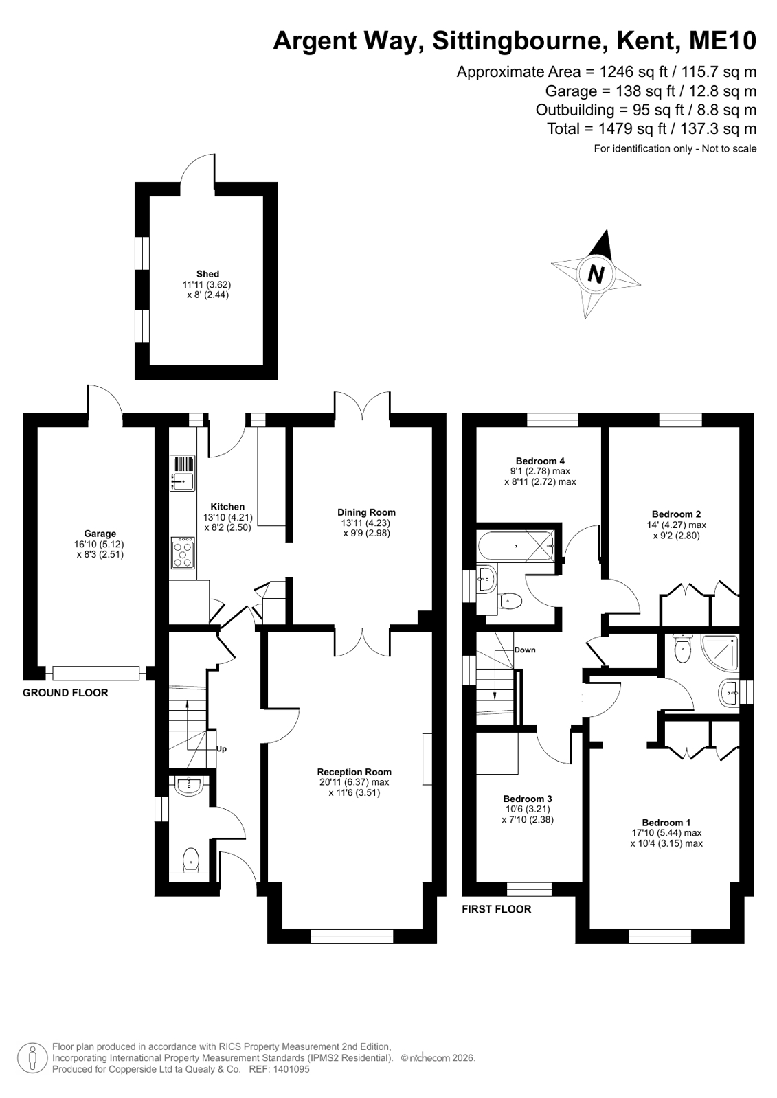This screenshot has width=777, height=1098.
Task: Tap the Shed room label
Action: pos(207,274)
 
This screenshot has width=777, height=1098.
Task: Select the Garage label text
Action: pos(100,534)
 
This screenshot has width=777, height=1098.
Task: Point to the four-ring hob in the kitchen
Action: pos(183,552)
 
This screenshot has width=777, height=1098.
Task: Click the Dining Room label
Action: pos(366,512)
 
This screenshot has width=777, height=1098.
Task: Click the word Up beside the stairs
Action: pos(221,749)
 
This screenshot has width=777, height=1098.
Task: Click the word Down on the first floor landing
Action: pos(525,650)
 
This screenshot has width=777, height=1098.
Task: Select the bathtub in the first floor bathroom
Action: pos(516,546)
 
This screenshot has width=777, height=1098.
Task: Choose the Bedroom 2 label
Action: pos(677,514)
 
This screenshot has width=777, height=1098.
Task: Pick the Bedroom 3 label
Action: pos(528,799)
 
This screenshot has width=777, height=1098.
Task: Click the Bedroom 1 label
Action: pos(666,823)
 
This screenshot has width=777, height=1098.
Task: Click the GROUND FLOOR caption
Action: pos(65,693)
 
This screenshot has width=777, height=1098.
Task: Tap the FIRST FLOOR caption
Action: pos(497,909)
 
